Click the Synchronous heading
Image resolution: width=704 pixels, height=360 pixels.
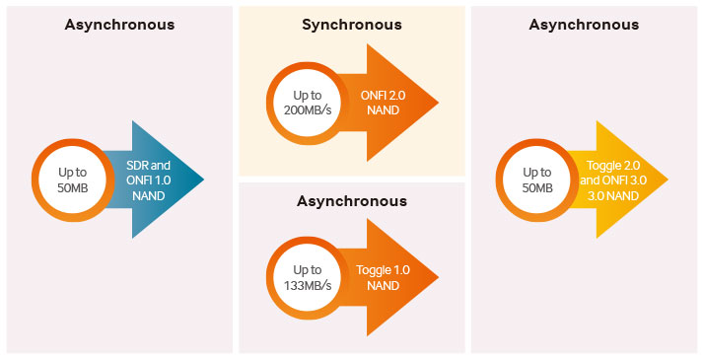click(x=351, y=24)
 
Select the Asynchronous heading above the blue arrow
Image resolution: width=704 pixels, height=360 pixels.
click(x=119, y=24)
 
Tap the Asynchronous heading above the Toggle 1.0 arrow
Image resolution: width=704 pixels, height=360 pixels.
click(x=351, y=201)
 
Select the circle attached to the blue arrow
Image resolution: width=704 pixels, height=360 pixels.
click(x=72, y=179)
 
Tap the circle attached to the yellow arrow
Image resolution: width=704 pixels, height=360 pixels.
click(x=535, y=179)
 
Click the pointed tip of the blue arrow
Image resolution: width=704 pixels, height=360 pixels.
click(x=202, y=179)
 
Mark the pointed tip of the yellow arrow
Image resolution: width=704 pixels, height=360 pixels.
click(x=667, y=179)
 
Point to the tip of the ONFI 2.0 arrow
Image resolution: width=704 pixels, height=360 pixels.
click(x=435, y=103)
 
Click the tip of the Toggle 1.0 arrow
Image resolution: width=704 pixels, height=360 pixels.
click(x=435, y=277)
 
